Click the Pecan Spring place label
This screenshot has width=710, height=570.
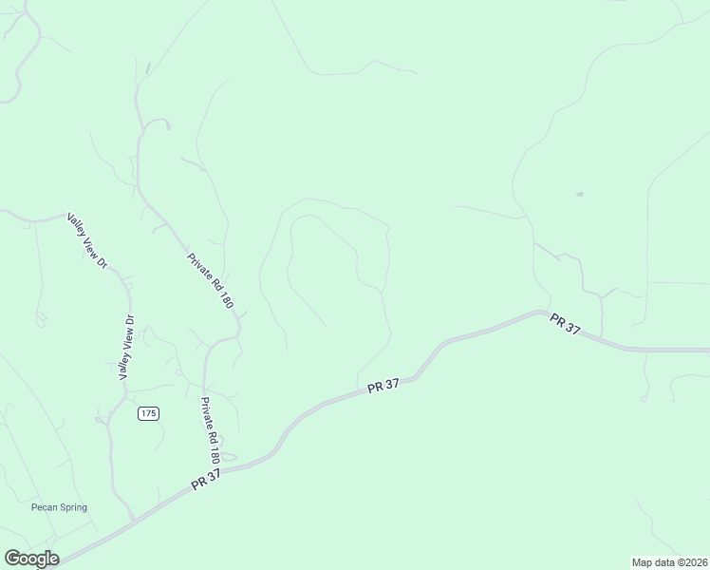58,507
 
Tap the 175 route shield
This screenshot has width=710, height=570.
147,413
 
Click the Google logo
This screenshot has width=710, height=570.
31,559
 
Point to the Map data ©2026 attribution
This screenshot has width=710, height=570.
668,562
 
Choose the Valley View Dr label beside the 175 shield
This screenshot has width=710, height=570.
126,347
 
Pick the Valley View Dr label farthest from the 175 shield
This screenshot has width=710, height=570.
84,241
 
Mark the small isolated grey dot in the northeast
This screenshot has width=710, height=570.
579,194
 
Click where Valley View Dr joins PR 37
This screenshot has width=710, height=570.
132,520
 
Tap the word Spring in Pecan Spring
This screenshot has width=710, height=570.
72,507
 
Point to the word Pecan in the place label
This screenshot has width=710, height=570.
43,507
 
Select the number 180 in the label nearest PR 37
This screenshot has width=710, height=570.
214,447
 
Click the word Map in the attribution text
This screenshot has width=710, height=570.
642,562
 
